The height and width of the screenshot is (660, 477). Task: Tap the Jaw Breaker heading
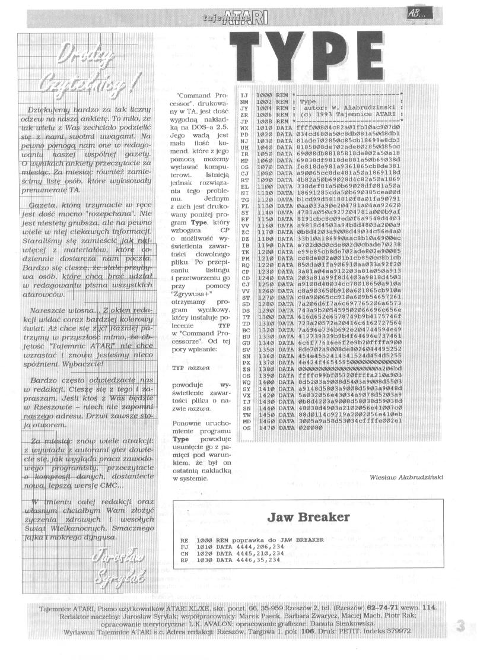[309, 516]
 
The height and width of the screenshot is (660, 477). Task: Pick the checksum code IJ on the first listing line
[243, 95]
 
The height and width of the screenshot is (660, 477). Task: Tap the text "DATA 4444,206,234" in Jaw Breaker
[250, 546]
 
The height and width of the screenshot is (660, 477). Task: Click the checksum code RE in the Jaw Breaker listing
[185, 540]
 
